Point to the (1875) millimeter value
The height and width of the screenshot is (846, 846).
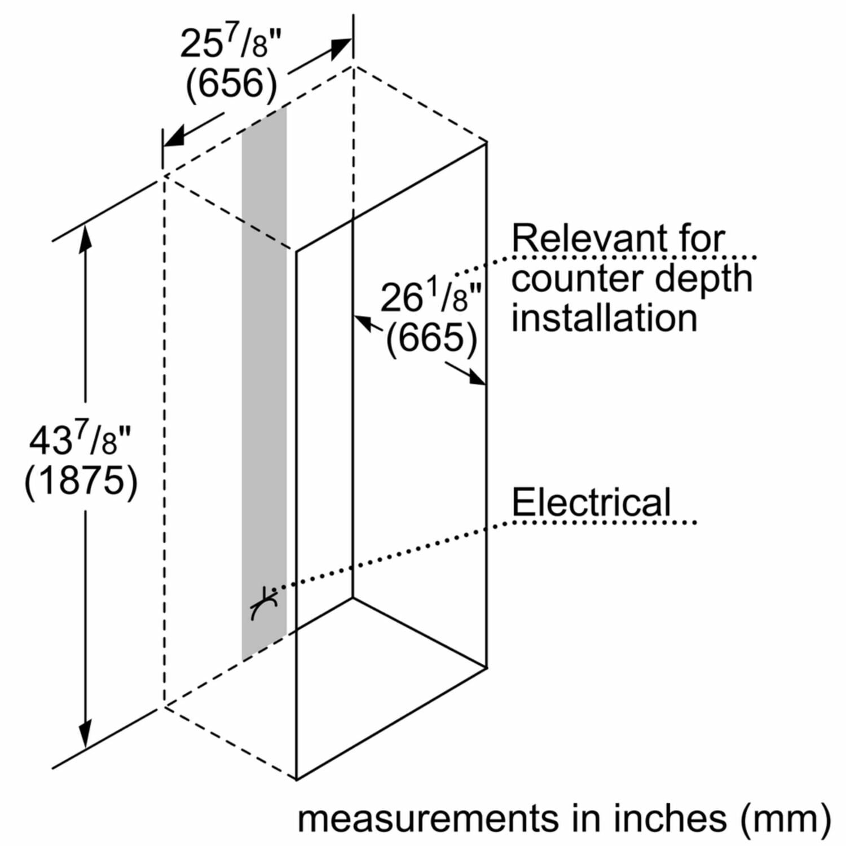point(81,481)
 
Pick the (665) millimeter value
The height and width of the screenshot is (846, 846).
point(431,338)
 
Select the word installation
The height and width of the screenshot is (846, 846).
point(604,318)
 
